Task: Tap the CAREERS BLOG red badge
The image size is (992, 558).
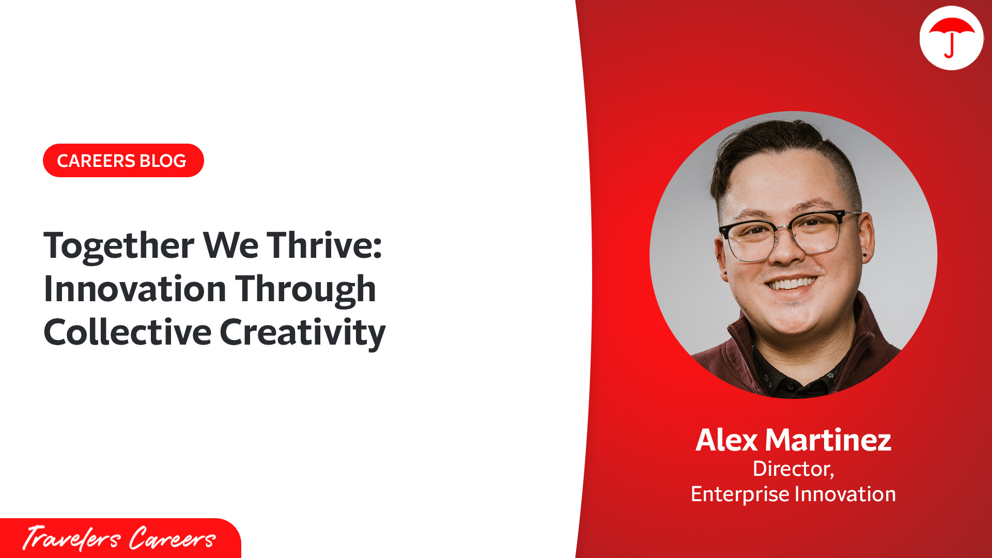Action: coord(123,161)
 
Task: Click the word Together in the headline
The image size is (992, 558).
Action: coord(119,246)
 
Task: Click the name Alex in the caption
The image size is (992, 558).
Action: coord(726,440)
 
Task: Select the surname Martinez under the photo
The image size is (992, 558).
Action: coord(828,440)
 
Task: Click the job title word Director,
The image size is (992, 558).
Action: coord(793,469)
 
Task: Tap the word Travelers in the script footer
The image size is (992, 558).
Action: coord(71,538)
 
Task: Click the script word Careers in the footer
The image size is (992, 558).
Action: coord(172,538)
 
